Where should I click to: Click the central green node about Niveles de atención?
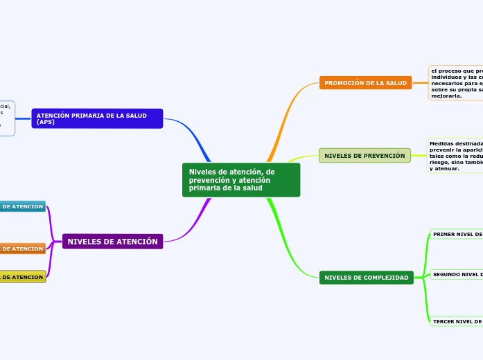(x=240, y=180)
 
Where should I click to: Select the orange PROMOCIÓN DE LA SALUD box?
(x=365, y=83)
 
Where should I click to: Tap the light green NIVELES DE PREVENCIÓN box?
(x=365, y=156)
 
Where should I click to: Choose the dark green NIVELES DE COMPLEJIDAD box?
(x=366, y=278)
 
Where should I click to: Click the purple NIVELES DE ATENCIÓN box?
(x=113, y=242)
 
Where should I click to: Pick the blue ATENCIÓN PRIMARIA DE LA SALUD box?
(x=97, y=118)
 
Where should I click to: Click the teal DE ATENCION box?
(x=22, y=206)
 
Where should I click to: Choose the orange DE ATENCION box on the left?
(x=22, y=249)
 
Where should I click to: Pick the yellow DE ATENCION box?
(x=22, y=277)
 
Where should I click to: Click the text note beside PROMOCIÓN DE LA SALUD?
(x=456, y=83)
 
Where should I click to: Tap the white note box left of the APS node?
(x=7, y=118)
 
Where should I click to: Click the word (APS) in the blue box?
(x=46, y=122)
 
